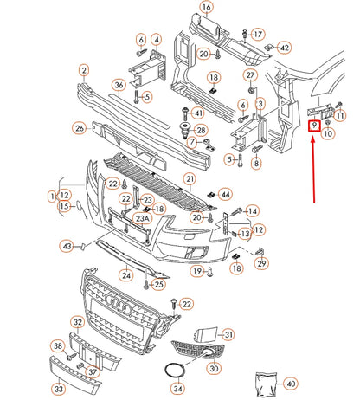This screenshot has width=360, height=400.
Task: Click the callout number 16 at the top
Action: click(x=206, y=8)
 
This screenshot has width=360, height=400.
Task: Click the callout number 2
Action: click(x=85, y=70)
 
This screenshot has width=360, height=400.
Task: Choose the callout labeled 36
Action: click(x=119, y=86)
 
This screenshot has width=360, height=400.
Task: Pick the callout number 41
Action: click(x=198, y=113)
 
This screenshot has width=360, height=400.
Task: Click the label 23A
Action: click(x=141, y=219)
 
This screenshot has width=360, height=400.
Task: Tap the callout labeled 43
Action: click(x=67, y=247)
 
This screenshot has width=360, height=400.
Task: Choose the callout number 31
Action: click(x=228, y=334)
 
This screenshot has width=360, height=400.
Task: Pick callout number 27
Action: click(x=251, y=89)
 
